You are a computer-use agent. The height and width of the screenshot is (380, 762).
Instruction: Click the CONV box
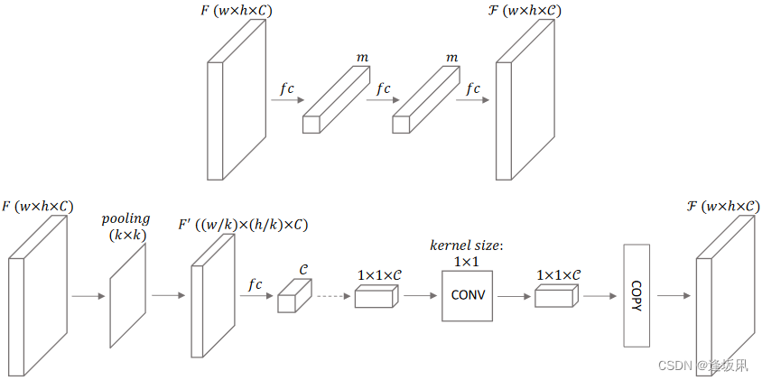pos(468,294)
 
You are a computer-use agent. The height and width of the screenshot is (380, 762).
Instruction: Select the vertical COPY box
pos(637,294)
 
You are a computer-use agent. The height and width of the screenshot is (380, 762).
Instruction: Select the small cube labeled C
pos(293,295)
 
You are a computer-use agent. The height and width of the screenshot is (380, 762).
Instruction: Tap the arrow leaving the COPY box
pos(673,294)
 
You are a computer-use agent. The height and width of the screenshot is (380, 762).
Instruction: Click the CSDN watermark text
pos(702,366)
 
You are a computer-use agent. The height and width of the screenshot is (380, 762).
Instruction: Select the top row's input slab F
pos(237,99)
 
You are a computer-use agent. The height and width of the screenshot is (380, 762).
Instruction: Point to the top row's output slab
pos(523,99)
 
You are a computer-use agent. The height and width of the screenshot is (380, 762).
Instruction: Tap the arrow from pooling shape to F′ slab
pos(168,294)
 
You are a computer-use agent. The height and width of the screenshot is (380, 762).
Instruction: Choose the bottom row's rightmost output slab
pos(724,298)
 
